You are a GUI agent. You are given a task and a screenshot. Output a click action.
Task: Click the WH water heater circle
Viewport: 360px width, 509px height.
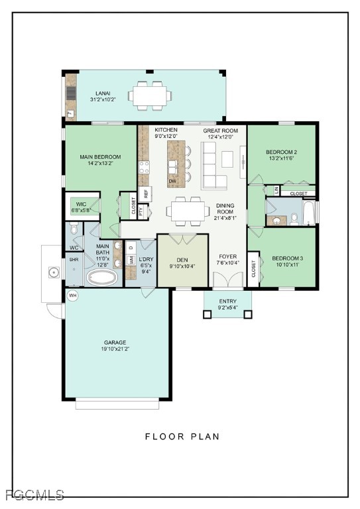click(x=73, y=296)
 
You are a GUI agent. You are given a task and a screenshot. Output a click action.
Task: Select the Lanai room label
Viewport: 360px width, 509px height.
click(x=103, y=93)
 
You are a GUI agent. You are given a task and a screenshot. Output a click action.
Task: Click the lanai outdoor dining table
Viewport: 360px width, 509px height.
click(x=150, y=96)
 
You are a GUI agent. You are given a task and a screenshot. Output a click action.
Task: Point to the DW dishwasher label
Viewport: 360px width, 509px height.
click(x=172, y=181)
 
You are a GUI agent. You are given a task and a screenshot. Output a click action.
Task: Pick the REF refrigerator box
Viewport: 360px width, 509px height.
click(x=145, y=194)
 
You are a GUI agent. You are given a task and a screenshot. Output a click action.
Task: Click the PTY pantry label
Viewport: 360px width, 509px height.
click(x=141, y=211)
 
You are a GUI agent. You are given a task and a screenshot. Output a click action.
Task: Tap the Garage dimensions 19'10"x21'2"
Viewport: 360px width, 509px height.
click(x=115, y=349)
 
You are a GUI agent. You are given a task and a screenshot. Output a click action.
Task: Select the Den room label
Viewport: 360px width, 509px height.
click(x=182, y=260)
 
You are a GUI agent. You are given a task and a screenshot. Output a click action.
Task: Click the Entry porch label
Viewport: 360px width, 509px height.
click(x=227, y=301)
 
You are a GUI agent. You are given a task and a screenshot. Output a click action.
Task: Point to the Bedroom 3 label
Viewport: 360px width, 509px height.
click(x=287, y=258)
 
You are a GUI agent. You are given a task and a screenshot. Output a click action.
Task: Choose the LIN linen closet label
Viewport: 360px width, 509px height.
click(x=276, y=190)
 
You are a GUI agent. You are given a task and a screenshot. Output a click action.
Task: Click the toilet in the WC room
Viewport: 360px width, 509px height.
click(x=74, y=228)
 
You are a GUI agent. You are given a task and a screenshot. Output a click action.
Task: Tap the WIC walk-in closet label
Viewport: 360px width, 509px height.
click(x=81, y=204)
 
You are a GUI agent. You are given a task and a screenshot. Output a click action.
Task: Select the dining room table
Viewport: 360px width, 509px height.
click(x=188, y=211)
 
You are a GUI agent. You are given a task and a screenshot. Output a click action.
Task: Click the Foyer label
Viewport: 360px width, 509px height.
click(x=227, y=256)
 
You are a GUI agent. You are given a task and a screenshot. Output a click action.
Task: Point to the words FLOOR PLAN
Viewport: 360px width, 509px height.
click(x=182, y=436)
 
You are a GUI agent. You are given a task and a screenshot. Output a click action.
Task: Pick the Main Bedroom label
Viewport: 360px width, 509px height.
click(x=100, y=157)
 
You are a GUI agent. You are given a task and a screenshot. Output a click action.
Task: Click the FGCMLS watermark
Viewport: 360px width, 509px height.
click(x=35, y=494)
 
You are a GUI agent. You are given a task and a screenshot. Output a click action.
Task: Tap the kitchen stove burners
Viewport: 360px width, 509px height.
click(x=144, y=168)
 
